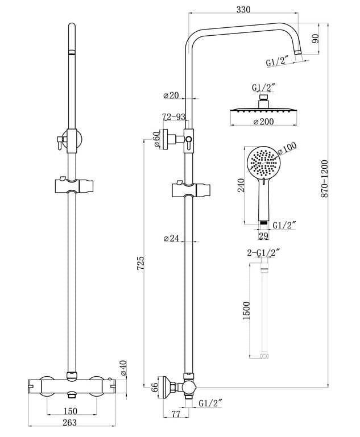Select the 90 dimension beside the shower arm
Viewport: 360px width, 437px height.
click(316, 38)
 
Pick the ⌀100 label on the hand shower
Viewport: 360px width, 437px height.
click(289, 147)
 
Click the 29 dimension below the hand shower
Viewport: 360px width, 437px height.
click(263, 235)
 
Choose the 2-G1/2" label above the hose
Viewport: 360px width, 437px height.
click(263, 252)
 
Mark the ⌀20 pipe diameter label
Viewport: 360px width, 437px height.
click(171, 94)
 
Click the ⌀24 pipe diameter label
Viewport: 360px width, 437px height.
click(171, 239)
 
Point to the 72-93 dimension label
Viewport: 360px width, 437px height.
click(173, 117)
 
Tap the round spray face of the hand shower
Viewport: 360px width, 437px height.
click(263, 163)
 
